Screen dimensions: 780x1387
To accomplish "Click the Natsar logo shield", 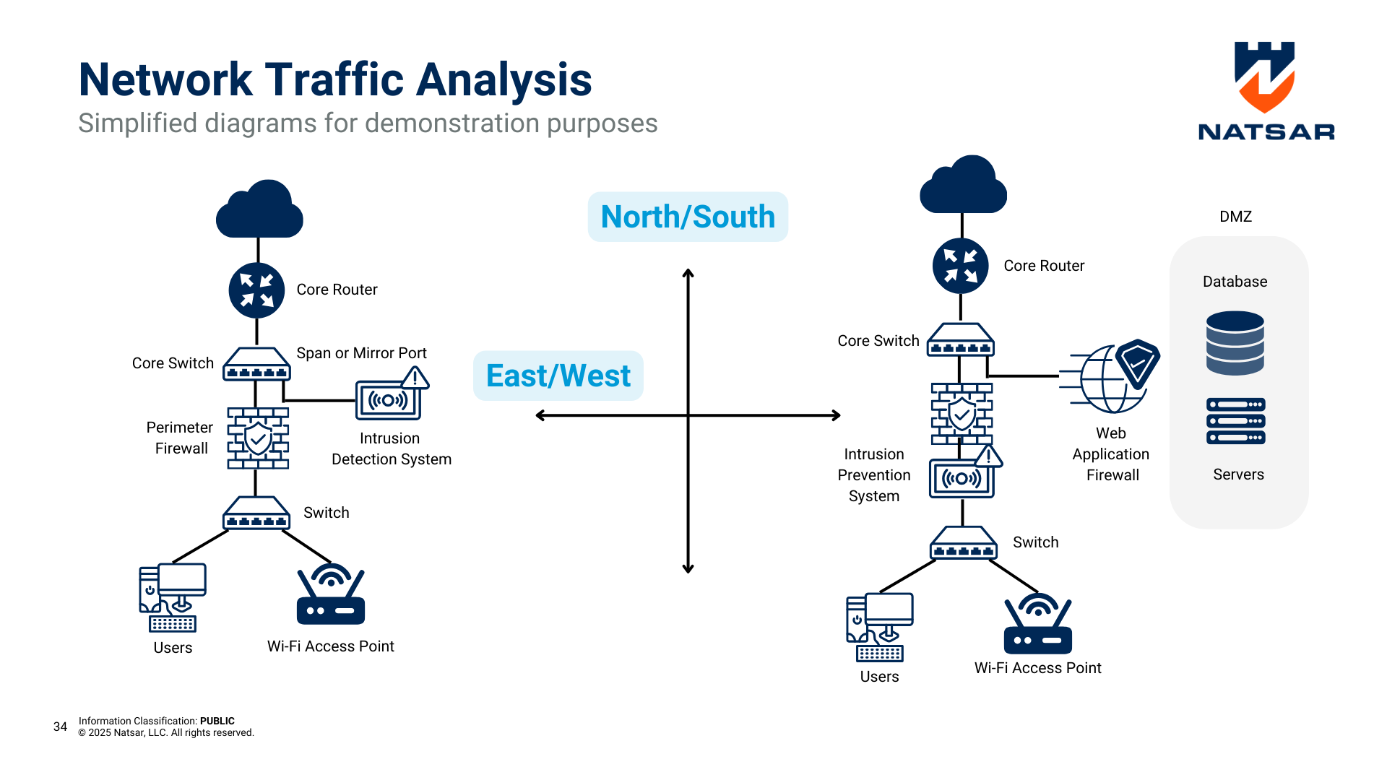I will (1264, 77).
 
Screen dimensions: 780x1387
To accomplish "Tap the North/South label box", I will (688, 217).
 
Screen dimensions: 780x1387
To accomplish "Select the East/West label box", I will (558, 376).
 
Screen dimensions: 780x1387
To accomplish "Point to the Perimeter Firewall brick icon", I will (258, 438).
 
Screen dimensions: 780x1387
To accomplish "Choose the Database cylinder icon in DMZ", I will (1235, 343).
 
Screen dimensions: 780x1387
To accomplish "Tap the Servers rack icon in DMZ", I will (1236, 420).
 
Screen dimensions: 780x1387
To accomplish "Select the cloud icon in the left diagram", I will (259, 210).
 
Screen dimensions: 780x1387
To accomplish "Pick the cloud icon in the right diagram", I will (963, 186).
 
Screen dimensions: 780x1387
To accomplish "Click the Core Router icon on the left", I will (256, 290).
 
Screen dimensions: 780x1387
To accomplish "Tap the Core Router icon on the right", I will (960, 266).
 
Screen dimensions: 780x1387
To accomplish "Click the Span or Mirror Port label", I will (361, 353).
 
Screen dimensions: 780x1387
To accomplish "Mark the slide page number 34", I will (60, 727).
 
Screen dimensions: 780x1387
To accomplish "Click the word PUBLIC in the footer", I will (217, 721).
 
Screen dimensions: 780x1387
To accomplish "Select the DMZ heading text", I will (1235, 217).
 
